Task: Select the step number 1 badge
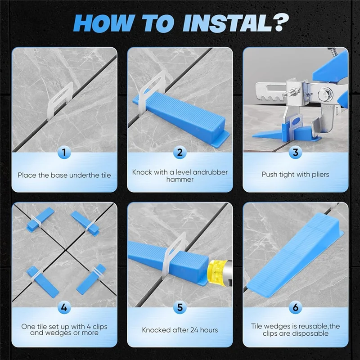[64, 153]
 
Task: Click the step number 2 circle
[180, 153]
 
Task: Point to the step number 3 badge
[296, 153]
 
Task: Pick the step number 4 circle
[64, 307]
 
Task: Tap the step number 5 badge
[180, 307]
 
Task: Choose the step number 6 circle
[296, 307]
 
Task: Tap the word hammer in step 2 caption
[180, 179]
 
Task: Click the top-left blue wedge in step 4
[40, 219]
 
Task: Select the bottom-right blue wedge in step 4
[91, 279]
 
